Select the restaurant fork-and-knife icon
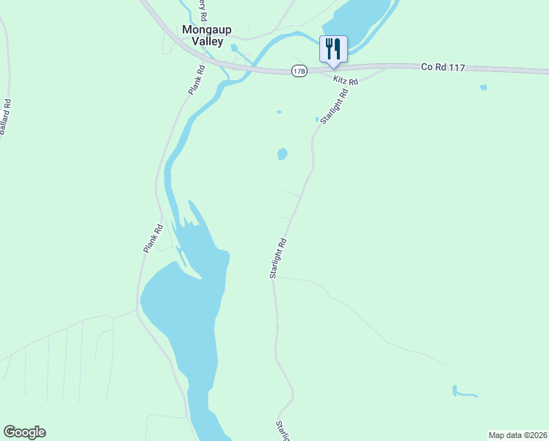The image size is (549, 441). coord(333,49)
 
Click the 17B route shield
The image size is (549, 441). coord(299,71)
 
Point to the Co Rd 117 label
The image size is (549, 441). coord(443,67)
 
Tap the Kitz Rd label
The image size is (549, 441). coord(345,80)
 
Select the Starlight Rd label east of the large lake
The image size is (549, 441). coord(277,257)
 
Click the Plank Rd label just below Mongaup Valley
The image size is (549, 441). coord(194,80)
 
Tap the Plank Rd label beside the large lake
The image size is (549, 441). coord(152,239)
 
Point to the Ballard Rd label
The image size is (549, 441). coord(5,117)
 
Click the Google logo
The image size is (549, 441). coord(24,432)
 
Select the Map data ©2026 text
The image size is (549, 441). coord(517,435)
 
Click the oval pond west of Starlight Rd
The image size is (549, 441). coord(282,154)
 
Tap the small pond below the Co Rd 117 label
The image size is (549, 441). coord(482,88)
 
